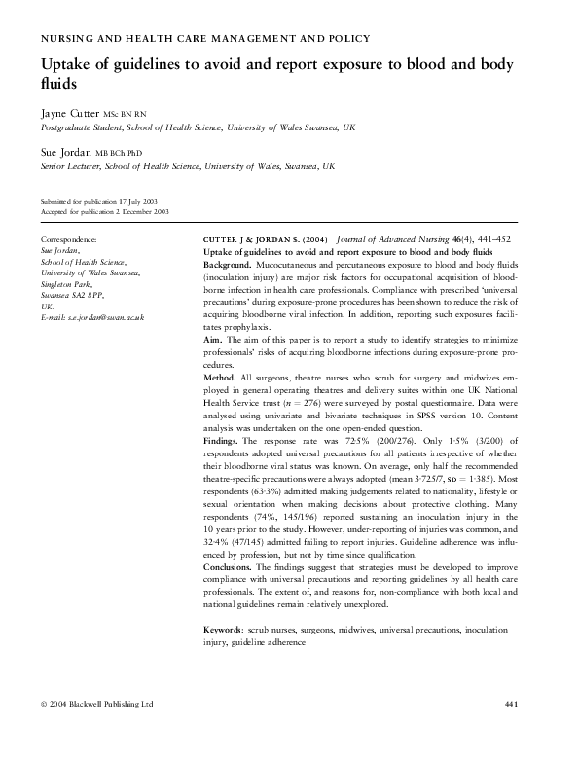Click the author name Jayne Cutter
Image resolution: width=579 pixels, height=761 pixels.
coord(70,113)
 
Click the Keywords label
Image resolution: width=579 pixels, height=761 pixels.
coord(224,631)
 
